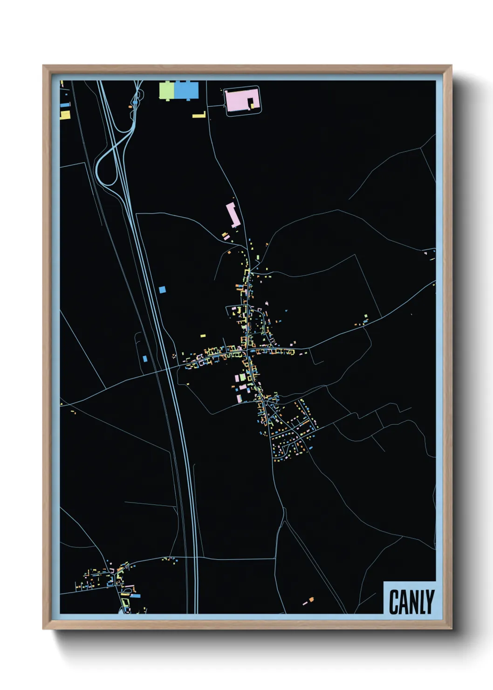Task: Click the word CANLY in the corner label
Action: point(411,602)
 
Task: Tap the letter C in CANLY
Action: point(394,602)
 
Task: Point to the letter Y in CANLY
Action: point(430,602)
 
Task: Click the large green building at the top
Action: point(167,90)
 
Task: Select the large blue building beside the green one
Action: point(186,90)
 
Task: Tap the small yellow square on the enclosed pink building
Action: point(252,105)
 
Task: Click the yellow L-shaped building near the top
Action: point(200,115)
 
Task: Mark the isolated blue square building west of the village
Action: point(162,290)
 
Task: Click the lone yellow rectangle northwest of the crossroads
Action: point(203,335)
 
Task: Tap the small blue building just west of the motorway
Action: point(145,359)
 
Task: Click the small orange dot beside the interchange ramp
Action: point(130,107)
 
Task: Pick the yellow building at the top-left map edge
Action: point(65,115)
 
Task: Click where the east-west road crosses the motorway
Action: point(169,368)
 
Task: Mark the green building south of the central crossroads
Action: point(242,377)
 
